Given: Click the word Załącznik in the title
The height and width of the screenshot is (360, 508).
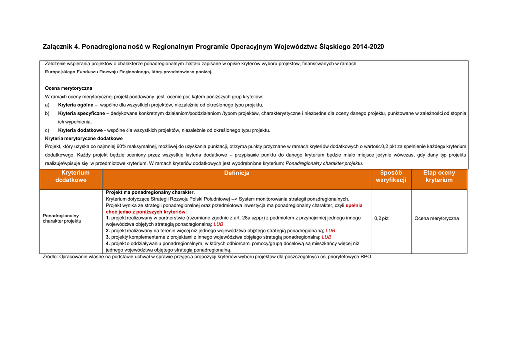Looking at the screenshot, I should [58, 47].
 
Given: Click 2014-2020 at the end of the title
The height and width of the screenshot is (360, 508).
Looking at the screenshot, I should [368, 47].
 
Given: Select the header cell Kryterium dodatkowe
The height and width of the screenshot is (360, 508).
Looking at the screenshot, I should [71, 176].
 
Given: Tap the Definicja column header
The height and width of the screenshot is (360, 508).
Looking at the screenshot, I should [237, 173].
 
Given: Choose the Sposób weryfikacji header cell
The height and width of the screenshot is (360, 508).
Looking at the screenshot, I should [390, 176].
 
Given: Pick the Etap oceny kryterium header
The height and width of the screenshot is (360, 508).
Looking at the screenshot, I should [439, 176].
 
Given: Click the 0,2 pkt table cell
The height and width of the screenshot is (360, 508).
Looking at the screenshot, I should [381, 218].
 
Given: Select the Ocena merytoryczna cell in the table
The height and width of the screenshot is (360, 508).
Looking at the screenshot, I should [437, 218].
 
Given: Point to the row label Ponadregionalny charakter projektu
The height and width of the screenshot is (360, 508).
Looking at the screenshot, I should [62, 218].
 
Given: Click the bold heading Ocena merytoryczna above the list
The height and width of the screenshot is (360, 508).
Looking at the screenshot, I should [68, 88].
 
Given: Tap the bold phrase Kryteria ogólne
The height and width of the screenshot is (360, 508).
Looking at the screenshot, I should [75, 105].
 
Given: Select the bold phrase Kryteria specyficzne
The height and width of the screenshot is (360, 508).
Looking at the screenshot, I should [81, 113].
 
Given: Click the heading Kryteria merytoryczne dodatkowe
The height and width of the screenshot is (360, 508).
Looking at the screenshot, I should [83, 138].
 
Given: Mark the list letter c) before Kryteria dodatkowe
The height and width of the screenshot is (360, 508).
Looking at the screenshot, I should [47, 130].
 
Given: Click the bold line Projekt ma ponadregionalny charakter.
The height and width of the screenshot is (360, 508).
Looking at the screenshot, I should [150, 192].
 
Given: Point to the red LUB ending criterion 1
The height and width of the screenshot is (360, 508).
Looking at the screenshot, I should [218, 224].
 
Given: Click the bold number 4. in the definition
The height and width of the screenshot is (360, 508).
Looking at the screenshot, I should [108, 244].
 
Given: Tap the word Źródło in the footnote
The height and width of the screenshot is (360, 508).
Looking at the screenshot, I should [50, 257].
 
